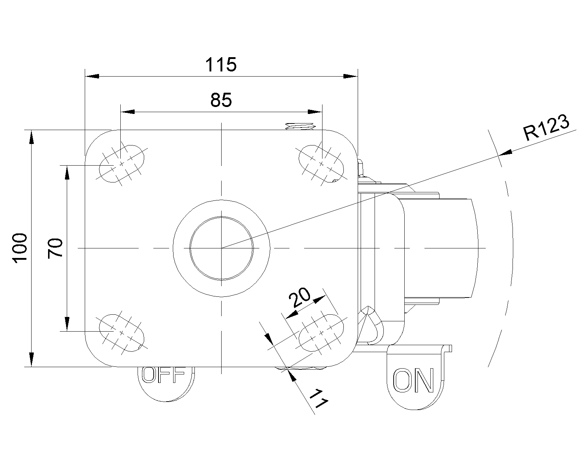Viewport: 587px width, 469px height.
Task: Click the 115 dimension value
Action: (220, 65)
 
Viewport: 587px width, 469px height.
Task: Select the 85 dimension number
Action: (221, 100)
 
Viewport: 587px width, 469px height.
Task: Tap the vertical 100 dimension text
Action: (20, 248)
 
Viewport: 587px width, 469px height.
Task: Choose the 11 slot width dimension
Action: (318, 399)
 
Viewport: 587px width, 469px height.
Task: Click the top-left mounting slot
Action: (121, 163)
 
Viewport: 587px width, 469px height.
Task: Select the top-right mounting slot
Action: (321, 163)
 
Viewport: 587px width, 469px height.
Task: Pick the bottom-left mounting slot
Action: (121, 333)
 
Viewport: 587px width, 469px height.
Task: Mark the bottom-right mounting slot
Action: (321, 333)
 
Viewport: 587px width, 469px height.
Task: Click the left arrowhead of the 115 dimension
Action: (92, 76)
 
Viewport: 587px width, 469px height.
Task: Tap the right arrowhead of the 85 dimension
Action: (315, 112)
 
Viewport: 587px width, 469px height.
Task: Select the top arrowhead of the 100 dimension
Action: (32, 137)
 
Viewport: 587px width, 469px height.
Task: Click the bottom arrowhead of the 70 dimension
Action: (67, 324)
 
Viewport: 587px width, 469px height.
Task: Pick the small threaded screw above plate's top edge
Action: (300, 126)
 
